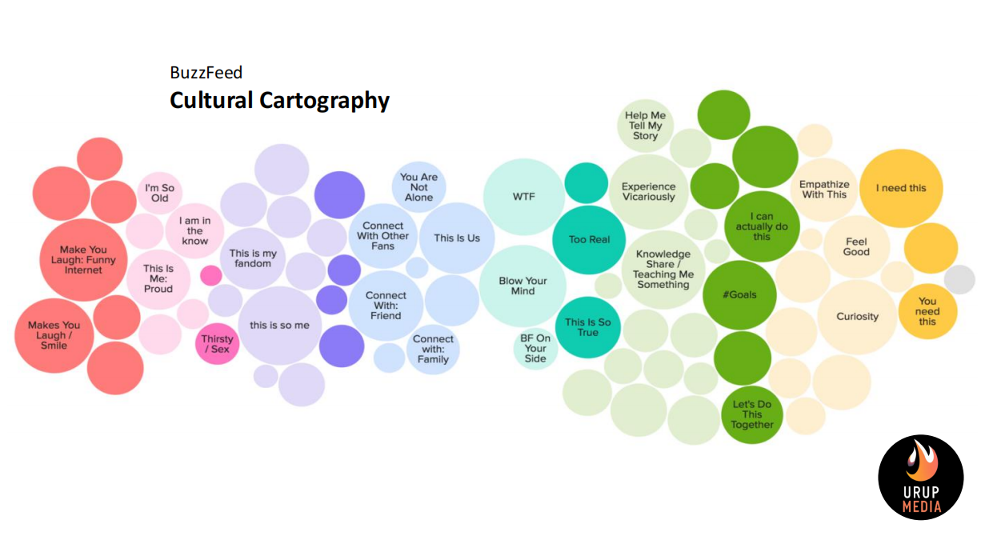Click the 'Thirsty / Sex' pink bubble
click(x=217, y=344)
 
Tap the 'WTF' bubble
click(x=524, y=197)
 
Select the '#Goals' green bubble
click(x=739, y=294)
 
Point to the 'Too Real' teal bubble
click(x=589, y=240)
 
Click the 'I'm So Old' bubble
click(x=159, y=193)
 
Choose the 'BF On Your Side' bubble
click(x=535, y=348)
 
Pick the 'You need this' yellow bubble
click(x=927, y=311)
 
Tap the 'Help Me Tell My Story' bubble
click(x=645, y=126)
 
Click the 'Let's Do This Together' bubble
click(x=752, y=414)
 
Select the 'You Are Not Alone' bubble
click(x=418, y=187)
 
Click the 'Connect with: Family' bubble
click(x=433, y=349)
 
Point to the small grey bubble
click(x=959, y=279)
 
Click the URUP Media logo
click(x=921, y=478)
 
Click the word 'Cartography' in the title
click(x=325, y=101)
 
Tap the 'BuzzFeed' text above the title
click(x=206, y=73)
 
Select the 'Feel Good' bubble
click(x=856, y=246)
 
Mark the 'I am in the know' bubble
click(x=194, y=231)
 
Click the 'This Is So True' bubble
click(x=588, y=327)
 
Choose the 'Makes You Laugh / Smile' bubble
click(x=54, y=335)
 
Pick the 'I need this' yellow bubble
click(x=901, y=188)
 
